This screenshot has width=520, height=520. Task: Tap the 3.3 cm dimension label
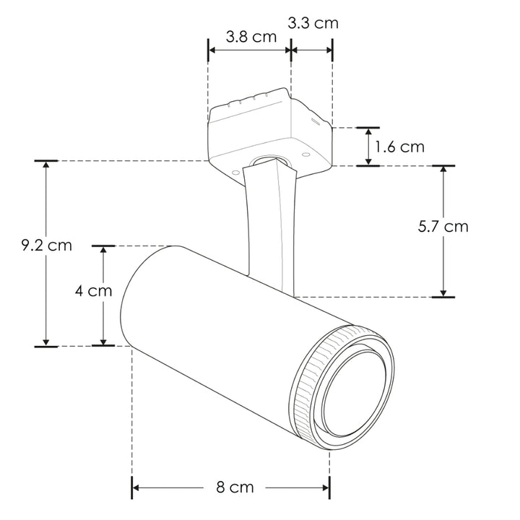(313, 23)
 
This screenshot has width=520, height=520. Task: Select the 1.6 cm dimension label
(400, 147)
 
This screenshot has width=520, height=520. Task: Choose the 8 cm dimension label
(235, 487)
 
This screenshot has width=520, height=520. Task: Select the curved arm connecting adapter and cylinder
(271, 224)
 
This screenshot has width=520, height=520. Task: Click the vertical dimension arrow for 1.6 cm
(368, 147)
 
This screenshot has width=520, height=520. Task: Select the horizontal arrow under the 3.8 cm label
(249, 50)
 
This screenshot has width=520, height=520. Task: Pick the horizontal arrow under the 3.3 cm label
(312, 50)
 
